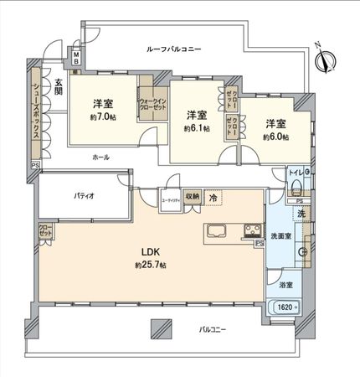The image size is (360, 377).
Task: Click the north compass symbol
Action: point(327,58)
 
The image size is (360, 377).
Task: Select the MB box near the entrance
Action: point(75,59)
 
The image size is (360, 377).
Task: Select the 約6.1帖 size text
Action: point(197,128)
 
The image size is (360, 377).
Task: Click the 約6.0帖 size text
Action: point(275,137)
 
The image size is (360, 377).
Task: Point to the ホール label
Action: point(100,158)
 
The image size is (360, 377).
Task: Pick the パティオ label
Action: point(82,195)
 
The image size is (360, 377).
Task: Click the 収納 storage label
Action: point(192,198)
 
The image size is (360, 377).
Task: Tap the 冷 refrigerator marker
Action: point(213,198)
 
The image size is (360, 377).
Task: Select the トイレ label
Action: point(295,173)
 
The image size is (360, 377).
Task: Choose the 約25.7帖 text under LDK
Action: point(151,265)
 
